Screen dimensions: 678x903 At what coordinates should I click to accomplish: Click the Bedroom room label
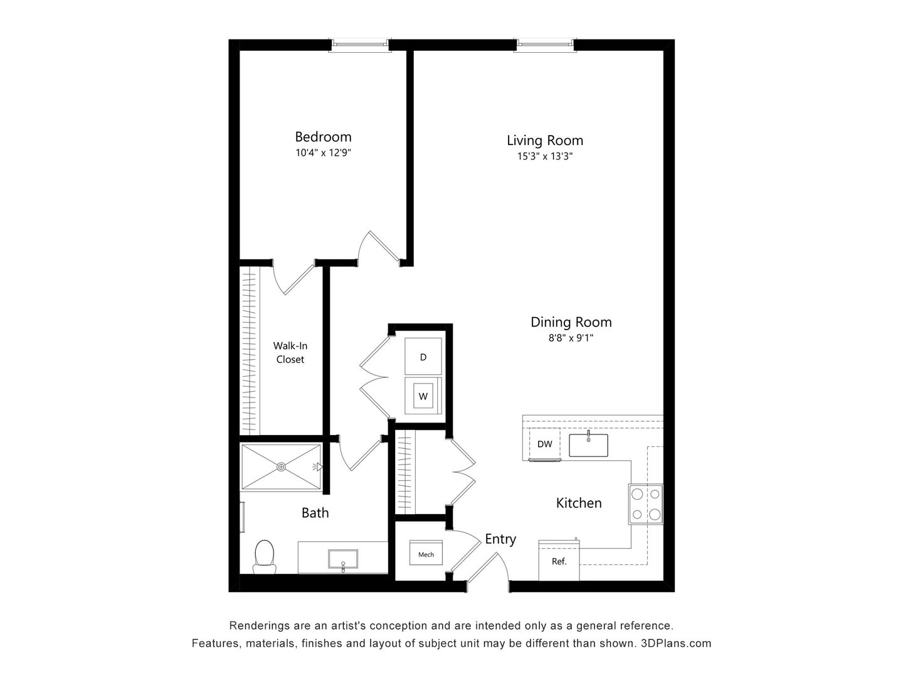pyautogui.click(x=323, y=137)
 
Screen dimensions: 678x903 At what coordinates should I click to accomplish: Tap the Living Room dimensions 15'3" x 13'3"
pyautogui.click(x=544, y=157)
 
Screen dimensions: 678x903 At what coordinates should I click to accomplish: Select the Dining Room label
pyautogui.click(x=571, y=322)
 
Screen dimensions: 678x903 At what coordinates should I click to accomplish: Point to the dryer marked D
pyautogui.click(x=423, y=357)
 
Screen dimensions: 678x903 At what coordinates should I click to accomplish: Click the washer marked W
pyautogui.click(x=423, y=396)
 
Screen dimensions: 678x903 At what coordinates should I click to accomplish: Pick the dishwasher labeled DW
pyautogui.click(x=544, y=444)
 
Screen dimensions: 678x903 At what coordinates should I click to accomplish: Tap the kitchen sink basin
pyautogui.click(x=588, y=445)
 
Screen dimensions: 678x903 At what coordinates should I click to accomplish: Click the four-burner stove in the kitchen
pyautogui.click(x=646, y=505)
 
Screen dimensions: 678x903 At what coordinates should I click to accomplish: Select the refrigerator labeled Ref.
pyautogui.click(x=559, y=561)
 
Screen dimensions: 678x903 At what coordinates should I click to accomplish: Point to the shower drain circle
pyautogui.click(x=281, y=466)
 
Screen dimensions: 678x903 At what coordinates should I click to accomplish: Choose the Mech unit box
pyautogui.click(x=426, y=554)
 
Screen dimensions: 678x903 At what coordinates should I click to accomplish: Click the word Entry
pyautogui.click(x=500, y=539)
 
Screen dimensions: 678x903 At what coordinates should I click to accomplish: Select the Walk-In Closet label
pyautogui.click(x=290, y=352)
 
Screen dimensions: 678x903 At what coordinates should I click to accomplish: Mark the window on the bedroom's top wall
pyautogui.click(x=360, y=43)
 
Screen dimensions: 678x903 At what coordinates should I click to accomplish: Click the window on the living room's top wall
pyautogui.click(x=544, y=43)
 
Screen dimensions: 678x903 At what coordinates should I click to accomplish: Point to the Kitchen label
pyautogui.click(x=579, y=503)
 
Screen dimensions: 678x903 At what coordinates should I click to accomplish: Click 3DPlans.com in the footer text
pyautogui.click(x=676, y=643)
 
